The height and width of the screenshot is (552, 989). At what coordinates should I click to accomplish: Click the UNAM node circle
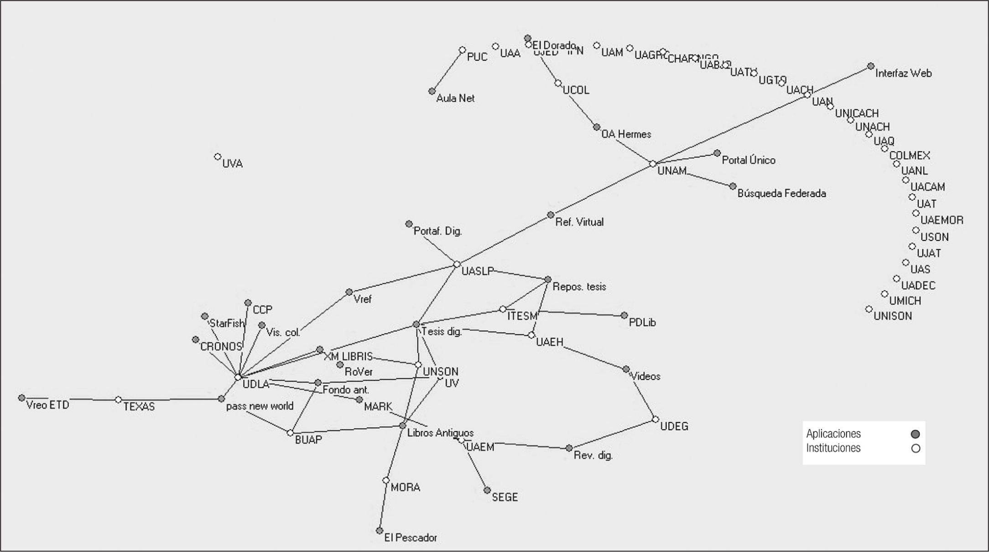[652, 164]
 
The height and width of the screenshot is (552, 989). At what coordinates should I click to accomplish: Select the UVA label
[232, 164]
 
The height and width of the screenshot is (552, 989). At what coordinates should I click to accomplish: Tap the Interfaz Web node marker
[870, 66]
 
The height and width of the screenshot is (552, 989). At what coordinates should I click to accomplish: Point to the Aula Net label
[455, 98]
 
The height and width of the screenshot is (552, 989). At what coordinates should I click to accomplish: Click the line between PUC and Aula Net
[447, 71]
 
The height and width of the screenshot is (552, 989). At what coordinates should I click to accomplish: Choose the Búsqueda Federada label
[781, 193]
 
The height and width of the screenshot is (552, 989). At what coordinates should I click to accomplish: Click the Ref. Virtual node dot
[551, 215]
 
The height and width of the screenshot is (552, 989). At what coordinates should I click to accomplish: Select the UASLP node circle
[457, 265]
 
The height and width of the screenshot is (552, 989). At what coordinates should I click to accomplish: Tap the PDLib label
[642, 323]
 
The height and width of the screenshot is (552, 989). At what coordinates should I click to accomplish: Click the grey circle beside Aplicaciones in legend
[915, 434]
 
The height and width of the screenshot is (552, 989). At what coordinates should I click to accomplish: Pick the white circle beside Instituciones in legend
[915, 448]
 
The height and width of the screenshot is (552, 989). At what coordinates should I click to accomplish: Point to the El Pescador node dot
[380, 531]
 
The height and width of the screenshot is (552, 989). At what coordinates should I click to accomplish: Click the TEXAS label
[139, 406]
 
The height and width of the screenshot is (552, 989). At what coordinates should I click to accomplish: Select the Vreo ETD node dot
[21, 398]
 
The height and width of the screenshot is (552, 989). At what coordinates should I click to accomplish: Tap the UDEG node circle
[656, 419]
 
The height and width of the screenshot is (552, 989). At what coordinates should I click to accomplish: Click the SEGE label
[505, 497]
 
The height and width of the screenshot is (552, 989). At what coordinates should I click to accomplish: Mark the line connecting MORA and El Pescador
[383, 505]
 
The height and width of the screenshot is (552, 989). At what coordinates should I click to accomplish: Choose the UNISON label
[892, 316]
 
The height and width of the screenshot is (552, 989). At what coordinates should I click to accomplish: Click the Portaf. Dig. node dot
[409, 224]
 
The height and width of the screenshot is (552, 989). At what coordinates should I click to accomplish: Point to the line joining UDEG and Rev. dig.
[612, 434]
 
